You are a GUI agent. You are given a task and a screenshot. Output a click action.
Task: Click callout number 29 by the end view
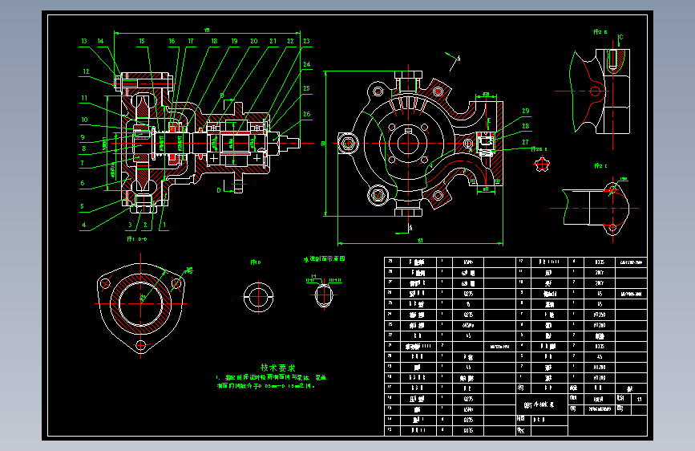(526, 112)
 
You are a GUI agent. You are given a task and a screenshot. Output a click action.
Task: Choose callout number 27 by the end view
(526, 142)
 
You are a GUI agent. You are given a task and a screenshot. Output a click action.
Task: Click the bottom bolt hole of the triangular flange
(141, 347)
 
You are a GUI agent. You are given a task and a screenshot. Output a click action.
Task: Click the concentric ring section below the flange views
(260, 295)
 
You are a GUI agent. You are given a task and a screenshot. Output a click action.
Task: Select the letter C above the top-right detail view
(620, 37)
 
